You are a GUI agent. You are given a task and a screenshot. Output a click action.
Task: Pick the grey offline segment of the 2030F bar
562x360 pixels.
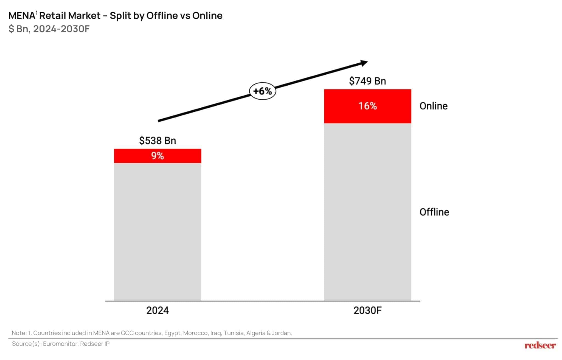pyautogui.click(x=367, y=211)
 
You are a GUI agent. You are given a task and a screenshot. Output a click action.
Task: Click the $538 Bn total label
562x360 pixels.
pyautogui.click(x=158, y=141)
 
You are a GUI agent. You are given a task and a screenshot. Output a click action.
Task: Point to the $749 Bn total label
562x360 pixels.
pyautogui.click(x=367, y=81)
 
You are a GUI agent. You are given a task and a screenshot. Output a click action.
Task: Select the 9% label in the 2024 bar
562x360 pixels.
pyautogui.click(x=158, y=156)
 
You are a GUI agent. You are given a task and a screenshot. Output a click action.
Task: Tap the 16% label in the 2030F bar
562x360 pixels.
pyautogui.click(x=367, y=106)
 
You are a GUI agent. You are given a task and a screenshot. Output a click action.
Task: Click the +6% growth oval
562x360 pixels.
pyautogui.click(x=262, y=91)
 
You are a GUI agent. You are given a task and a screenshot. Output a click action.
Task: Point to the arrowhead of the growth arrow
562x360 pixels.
pyautogui.click(x=364, y=63)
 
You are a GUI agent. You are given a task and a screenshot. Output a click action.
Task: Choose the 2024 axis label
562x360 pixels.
pyautogui.click(x=158, y=310)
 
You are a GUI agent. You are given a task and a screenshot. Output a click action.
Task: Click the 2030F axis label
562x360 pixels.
pyautogui.click(x=367, y=310)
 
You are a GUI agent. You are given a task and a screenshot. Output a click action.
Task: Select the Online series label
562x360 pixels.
pyautogui.click(x=434, y=106)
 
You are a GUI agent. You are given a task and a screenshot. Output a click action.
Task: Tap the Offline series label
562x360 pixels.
pyautogui.click(x=434, y=212)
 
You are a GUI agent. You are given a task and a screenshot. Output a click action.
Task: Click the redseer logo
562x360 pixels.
pyautogui.click(x=540, y=345)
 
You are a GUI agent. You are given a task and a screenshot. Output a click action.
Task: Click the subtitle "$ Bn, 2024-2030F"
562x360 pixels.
pyautogui.click(x=49, y=29)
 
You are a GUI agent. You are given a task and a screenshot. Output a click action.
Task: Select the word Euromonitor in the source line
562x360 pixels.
pyautogui.click(x=60, y=344)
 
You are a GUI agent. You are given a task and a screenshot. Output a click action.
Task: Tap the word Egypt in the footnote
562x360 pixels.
pyautogui.click(x=172, y=333)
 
